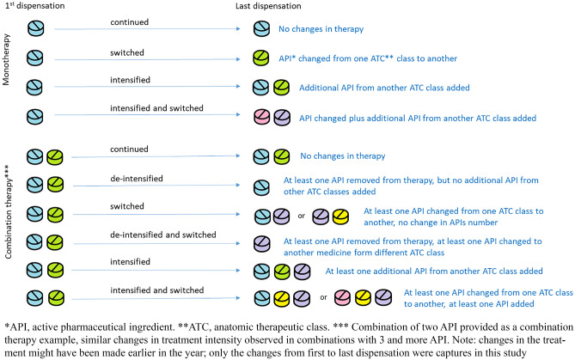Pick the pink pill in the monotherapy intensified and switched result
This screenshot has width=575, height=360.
pos(262,115)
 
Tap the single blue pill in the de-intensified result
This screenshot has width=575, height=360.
pos(261,182)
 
